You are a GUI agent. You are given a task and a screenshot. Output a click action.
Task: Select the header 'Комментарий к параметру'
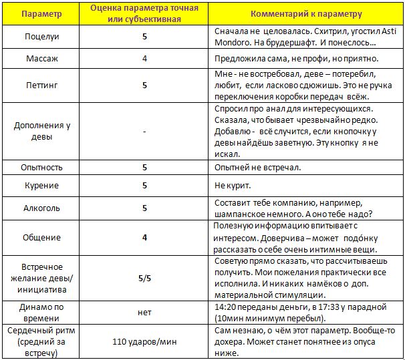pos(307,13)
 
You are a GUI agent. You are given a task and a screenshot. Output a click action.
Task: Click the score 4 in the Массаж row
pos(144,58)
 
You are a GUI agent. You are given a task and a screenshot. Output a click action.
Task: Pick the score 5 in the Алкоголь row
pos(144,208)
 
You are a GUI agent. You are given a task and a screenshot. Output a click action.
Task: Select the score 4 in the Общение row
pos(144,237)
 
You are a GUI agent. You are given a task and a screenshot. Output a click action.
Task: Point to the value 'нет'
pos(144,311)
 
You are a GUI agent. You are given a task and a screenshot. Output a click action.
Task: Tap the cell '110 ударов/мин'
pos(144,341)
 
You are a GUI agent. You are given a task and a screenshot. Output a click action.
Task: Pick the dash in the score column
pos(144,131)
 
